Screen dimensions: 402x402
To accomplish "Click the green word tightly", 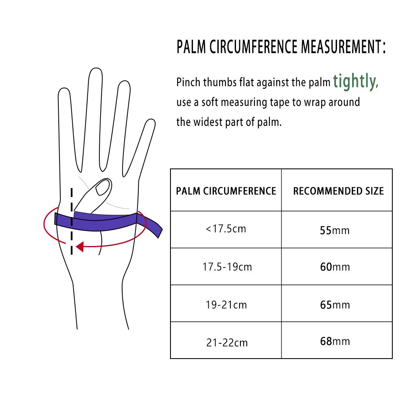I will (354, 82).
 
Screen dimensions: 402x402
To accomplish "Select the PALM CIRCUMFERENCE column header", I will (226, 191).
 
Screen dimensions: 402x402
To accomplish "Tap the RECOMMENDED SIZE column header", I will (338, 191).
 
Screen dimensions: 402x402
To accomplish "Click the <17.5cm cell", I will (226, 229).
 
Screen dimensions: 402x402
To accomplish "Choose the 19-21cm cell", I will (226, 305).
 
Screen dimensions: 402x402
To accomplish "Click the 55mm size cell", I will (334, 230).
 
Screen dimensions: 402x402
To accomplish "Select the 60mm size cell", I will (334, 267).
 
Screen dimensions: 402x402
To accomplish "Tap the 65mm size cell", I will (334, 305).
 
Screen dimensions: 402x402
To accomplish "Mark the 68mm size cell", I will (334, 342).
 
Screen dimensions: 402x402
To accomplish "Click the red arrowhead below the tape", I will (80, 246).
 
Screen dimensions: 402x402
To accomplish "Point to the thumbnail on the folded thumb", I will (103, 188).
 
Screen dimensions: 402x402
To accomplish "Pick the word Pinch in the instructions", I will (190, 83).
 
